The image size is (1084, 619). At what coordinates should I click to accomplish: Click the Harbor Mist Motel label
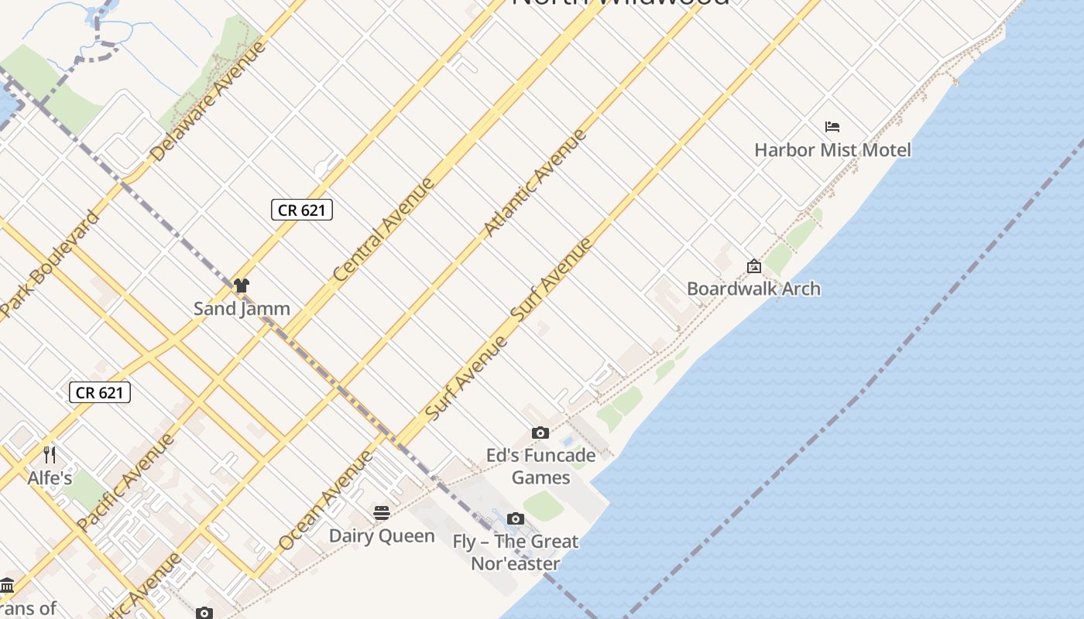click(x=832, y=149)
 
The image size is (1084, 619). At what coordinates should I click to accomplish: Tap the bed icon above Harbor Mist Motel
click(x=832, y=127)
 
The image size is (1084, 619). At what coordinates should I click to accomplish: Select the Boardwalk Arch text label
click(x=753, y=289)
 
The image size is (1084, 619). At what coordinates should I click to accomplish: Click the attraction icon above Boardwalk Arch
click(x=753, y=267)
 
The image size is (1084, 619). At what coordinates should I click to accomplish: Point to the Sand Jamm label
click(x=242, y=308)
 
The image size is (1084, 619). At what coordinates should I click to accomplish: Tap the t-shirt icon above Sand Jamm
click(x=242, y=286)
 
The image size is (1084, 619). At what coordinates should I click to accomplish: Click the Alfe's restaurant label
click(x=50, y=477)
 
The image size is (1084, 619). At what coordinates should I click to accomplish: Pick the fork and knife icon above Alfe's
click(x=50, y=454)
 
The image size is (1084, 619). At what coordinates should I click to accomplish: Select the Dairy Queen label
click(x=382, y=535)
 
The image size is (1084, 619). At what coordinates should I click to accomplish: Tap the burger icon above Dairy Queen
click(x=382, y=512)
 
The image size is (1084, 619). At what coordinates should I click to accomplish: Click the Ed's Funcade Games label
click(x=540, y=466)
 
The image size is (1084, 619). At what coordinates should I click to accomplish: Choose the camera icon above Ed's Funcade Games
click(x=540, y=433)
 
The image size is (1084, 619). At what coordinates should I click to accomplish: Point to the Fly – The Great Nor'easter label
click(x=516, y=552)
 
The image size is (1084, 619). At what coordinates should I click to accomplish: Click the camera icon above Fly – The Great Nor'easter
click(x=516, y=519)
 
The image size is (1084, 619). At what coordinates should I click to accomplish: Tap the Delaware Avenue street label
click(x=208, y=102)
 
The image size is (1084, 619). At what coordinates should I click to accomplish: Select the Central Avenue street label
click(x=383, y=230)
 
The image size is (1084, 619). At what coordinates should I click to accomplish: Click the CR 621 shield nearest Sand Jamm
click(x=302, y=210)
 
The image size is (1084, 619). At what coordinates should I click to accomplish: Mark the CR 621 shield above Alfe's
click(x=100, y=392)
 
